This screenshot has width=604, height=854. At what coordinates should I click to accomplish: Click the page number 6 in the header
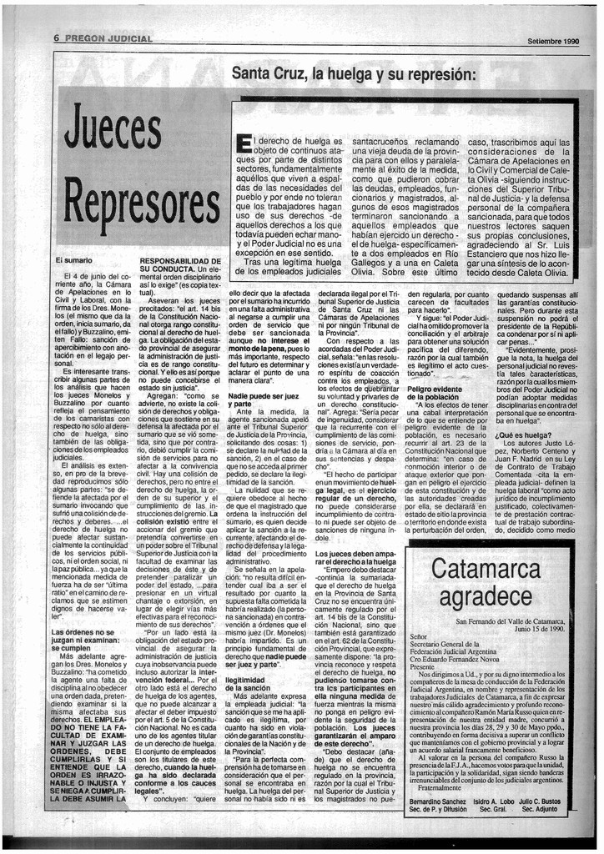point(57,38)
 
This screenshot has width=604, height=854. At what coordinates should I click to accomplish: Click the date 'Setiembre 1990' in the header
point(553,41)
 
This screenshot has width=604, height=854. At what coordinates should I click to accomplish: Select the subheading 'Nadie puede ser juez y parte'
point(264,399)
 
